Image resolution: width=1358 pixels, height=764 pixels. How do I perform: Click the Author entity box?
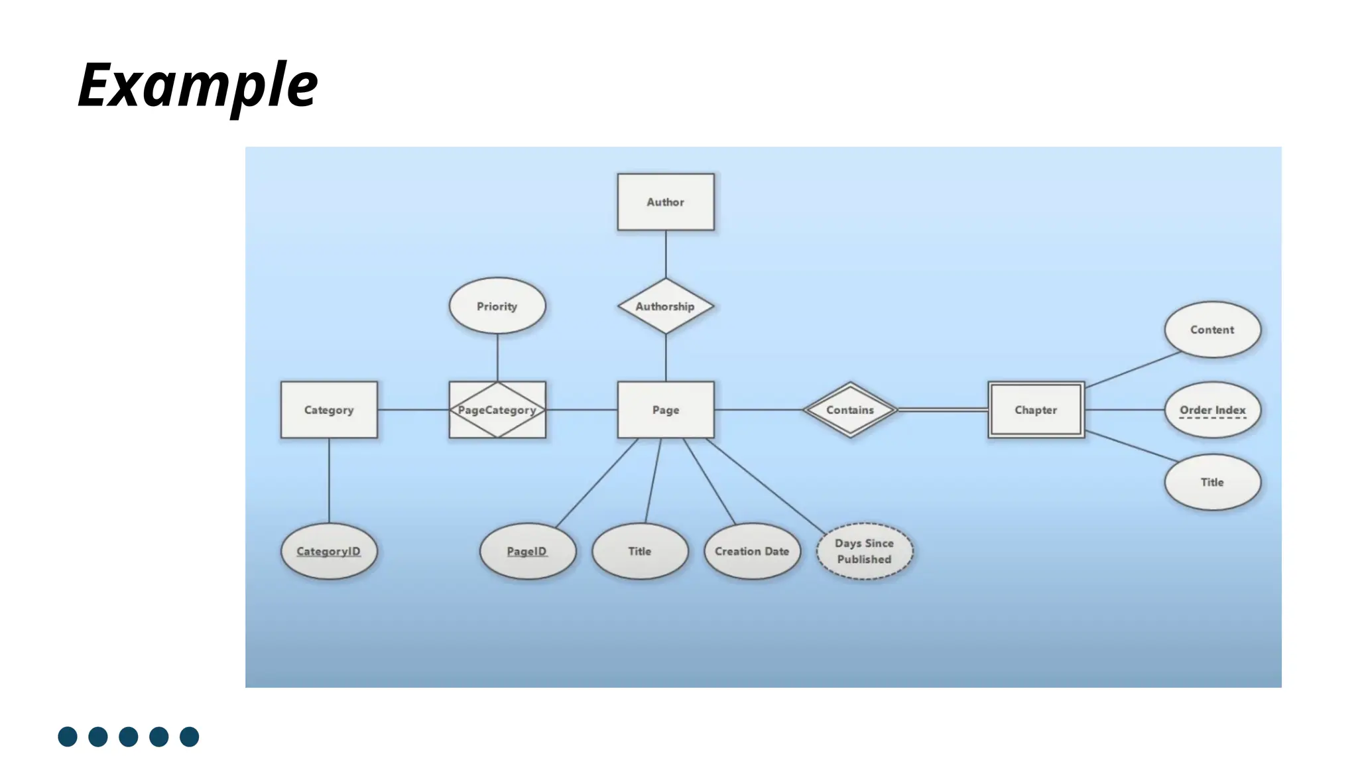(666, 202)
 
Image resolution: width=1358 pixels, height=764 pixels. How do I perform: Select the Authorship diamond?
(666, 306)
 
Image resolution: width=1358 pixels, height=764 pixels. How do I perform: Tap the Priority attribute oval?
(497, 306)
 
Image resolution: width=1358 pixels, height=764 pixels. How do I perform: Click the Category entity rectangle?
(329, 410)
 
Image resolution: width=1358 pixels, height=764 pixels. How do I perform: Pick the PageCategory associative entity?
(497, 410)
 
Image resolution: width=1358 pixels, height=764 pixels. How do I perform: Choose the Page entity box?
(666, 410)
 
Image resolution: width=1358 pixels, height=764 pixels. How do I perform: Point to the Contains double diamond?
(850, 410)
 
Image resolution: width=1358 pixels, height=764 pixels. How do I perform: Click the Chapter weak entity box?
(1036, 410)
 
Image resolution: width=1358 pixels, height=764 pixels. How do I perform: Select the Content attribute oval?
(1212, 330)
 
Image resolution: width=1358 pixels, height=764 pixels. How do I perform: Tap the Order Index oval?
(1212, 410)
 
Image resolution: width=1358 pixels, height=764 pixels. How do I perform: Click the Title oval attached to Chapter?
(1212, 482)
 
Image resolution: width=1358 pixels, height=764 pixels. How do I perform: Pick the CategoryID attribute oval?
(329, 551)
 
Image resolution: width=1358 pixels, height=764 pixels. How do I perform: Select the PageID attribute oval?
(527, 551)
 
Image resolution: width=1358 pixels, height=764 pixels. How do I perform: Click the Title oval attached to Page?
(640, 551)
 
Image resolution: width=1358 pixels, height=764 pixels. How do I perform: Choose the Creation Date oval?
(752, 551)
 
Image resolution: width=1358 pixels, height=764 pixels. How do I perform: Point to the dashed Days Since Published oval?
(864, 551)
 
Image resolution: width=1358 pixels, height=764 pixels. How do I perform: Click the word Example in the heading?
(198, 85)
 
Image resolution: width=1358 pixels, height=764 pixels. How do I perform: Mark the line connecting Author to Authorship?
(666, 254)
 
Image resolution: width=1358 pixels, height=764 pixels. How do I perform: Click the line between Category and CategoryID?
(329, 480)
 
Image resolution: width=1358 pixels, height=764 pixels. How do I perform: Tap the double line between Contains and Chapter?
(943, 410)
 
